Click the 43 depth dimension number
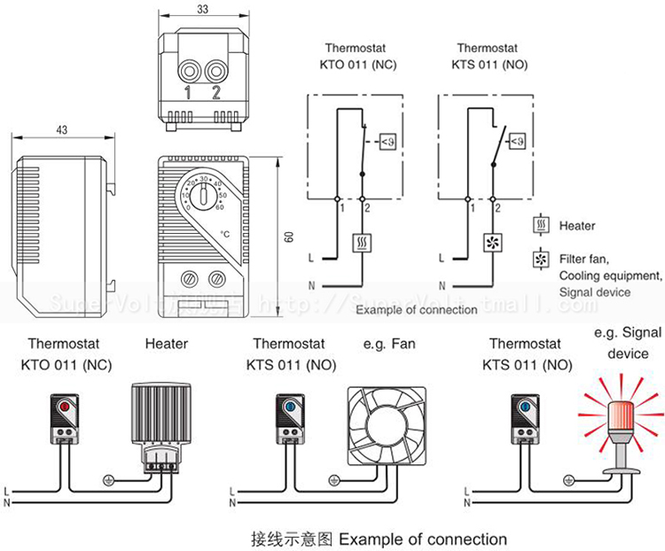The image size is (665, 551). coord(61,130)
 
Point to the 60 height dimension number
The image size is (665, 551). coord(289,238)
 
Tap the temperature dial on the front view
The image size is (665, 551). coord(204,198)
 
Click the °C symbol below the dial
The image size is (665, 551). coord(225,233)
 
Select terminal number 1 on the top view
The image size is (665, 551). coord(187,92)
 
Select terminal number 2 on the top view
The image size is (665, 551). coord(215,92)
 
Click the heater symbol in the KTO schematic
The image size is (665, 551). coord(362,241)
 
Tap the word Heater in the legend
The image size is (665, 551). coord(577,227)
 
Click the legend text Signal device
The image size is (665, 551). coord(595,291)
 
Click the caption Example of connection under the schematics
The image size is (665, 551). coord(405,311)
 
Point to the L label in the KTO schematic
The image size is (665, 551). coord(311,259)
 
